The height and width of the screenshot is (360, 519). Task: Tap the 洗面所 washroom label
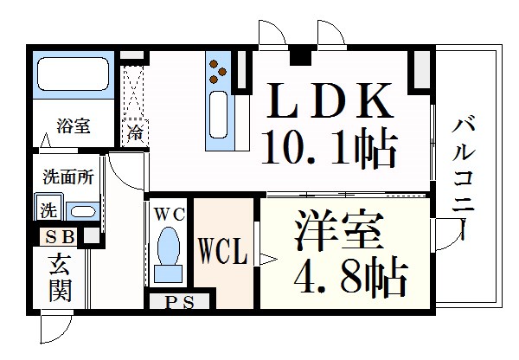[x=68, y=176]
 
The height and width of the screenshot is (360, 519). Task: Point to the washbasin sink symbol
[x=82, y=211]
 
